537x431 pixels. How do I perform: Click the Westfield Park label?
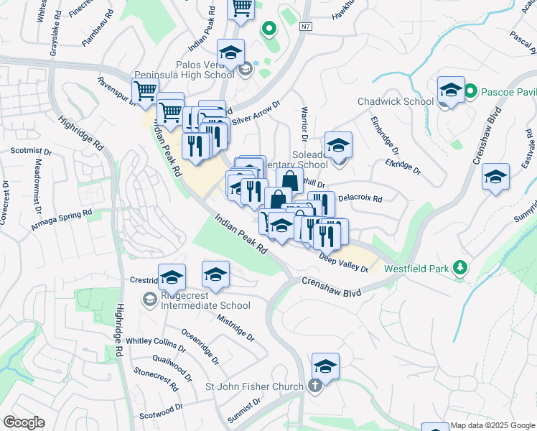415,269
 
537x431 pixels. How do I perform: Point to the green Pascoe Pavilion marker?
470,91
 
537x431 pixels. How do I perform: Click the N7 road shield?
307,27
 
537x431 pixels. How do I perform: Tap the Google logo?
24,422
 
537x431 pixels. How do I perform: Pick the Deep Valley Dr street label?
343,264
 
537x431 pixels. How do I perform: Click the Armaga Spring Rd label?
62,219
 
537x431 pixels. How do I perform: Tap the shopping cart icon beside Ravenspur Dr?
145,91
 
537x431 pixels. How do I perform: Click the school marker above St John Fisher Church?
325,366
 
